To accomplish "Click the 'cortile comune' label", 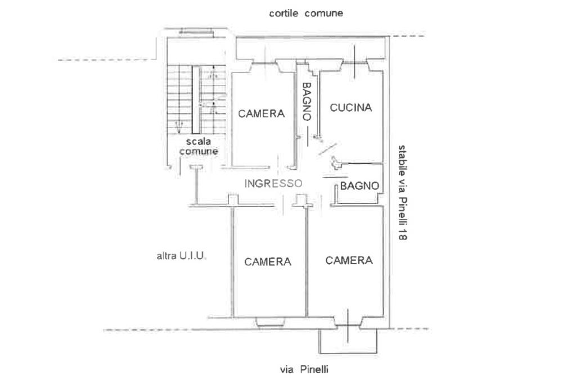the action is [x=306, y=13].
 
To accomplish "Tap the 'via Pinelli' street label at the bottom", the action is [x=304, y=369].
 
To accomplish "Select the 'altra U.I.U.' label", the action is [x=182, y=256].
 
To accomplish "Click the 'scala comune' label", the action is [x=199, y=147].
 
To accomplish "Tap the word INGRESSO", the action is [x=273, y=183].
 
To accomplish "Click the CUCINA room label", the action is [x=351, y=107].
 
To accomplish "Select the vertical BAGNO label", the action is [x=307, y=102].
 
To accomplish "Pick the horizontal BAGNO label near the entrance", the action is [x=360, y=186].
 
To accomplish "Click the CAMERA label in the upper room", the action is [x=262, y=113].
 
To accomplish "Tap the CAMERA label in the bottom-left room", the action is [x=268, y=261].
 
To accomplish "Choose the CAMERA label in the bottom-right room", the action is [x=349, y=260].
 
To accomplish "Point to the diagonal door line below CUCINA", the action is [x=327, y=148].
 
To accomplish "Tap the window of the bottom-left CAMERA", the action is [x=272, y=322].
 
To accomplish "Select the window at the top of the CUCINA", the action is [x=355, y=62].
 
